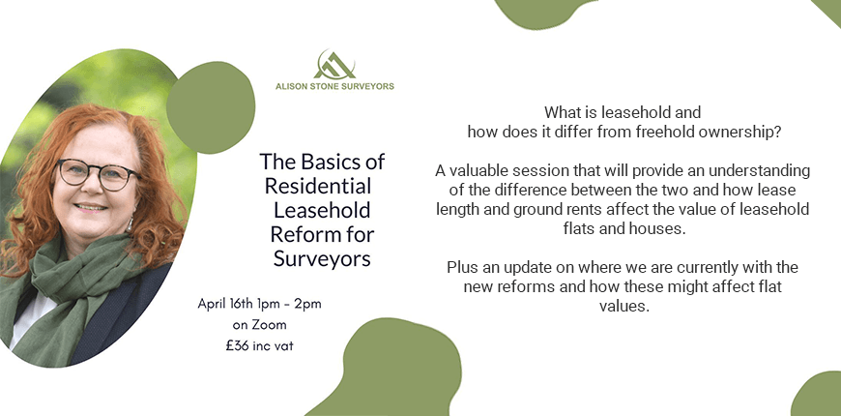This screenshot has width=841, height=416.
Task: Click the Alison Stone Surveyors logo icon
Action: point(334,65)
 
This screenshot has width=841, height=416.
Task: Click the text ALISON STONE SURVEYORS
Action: point(334,86)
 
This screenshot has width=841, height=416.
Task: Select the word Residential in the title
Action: point(318,187)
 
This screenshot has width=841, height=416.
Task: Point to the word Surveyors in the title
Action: point(322,258)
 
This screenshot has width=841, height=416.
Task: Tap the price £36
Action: point(237,345)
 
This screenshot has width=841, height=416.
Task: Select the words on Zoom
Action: point(260,325)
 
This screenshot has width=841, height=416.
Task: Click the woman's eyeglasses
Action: point(98,174)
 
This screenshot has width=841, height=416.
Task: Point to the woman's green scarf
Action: point(75,284)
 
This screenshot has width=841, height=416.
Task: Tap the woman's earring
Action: point(130,223)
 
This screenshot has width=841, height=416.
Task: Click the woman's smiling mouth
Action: point(90,207)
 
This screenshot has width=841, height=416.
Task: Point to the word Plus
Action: point(462,267)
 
